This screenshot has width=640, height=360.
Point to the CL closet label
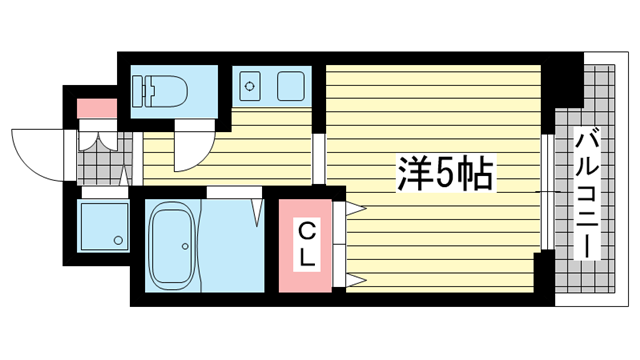308,246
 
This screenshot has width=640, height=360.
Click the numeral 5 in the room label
440,176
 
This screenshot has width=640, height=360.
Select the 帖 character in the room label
473,176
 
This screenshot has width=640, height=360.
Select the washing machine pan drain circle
119,240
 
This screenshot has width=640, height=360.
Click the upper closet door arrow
356,209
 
